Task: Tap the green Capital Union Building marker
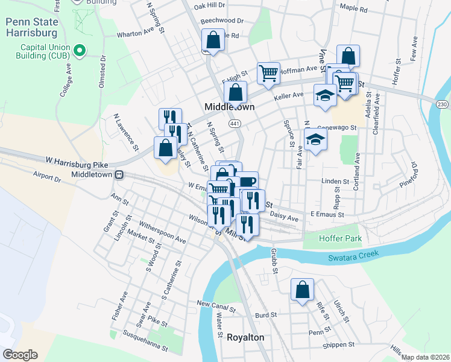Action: tap(80, 50)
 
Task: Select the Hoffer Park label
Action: tap(341, 239)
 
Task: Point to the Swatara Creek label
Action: tap(354, 256)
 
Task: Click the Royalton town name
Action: tap(245, 337)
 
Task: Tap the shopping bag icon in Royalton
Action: tap(302, 290)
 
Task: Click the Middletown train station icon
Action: tap(119, 175)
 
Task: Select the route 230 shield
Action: tap(443, 104)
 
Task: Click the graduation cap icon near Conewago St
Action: tap(315, 140)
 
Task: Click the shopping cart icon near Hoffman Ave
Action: tap(268, 73)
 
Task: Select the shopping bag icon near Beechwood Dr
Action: tap(213, 41)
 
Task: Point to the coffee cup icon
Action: tap(248, 181)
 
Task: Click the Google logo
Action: tap(20, 355)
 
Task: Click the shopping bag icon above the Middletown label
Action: tap(236, 93)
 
